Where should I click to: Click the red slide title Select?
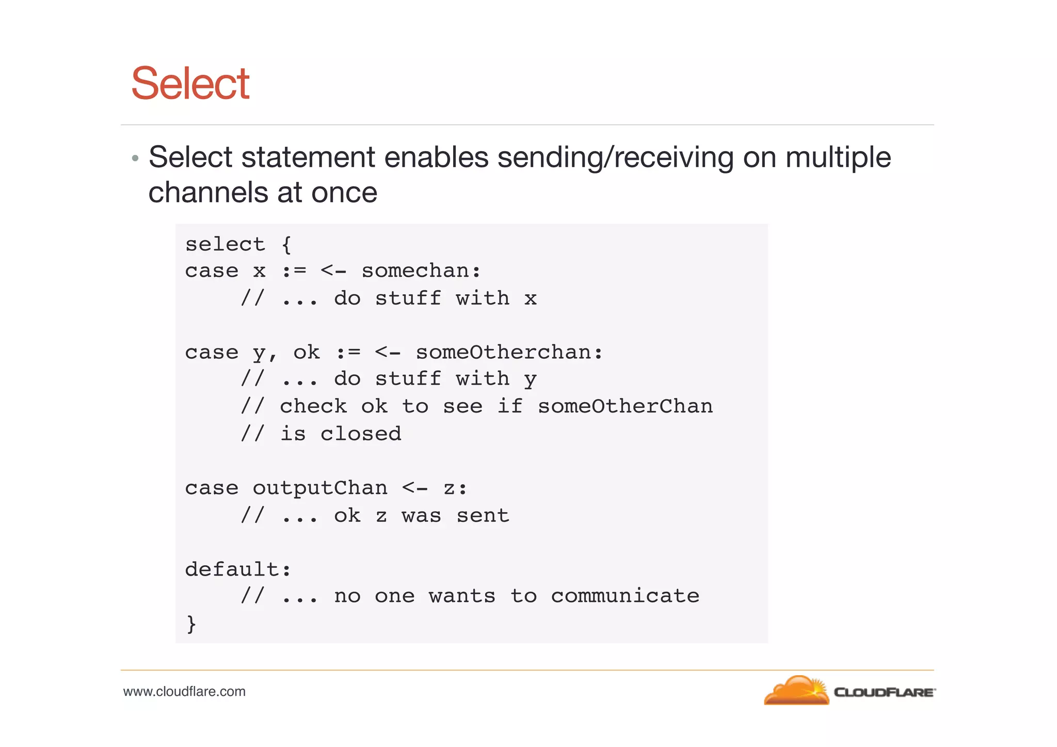pos(190,84)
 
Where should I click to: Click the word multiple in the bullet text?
pos(838,157)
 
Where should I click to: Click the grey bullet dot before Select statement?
pos(135,158)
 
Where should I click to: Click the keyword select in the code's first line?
pos(225,244)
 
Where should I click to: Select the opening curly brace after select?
pos(287,244)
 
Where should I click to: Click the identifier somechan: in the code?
pos(421,271)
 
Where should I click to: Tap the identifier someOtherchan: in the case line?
pos(509,353)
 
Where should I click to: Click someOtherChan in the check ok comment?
pos(625,407)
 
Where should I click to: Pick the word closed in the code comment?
pos(360,434)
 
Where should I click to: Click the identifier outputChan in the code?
pos(319,488)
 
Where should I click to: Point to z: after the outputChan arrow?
pos(455,488)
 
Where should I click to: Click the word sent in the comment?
pos(483,516)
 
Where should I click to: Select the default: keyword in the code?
pos(238,570)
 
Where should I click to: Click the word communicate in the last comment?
pos(625,597)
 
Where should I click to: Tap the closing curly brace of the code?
pos(191,624)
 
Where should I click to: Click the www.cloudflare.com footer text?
pos(184,692)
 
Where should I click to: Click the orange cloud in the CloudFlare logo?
pos(796,692)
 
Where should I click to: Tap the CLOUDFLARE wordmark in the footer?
pos(884,693)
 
